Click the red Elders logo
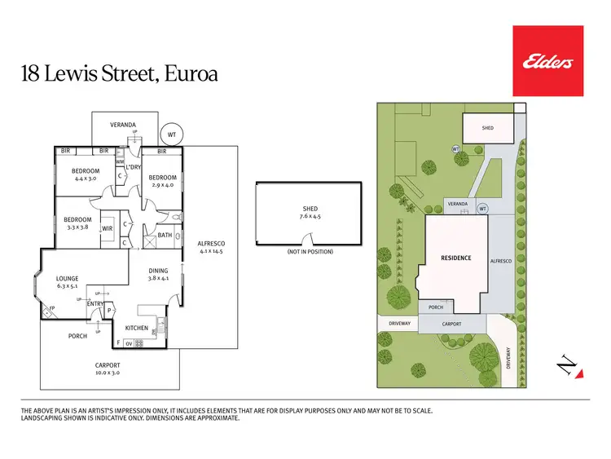(x=547, y=60)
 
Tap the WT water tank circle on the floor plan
(x=171, y=135)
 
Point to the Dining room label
(x=159, y=271)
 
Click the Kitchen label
(x=137, y=328)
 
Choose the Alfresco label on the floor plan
(x=211, y=244)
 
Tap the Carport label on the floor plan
(x=108, y=365)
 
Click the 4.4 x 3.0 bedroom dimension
(x=86, y=178)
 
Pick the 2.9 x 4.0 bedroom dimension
(x=163, y=185)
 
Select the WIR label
(x=107, y=229)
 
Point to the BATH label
(x=165, y=236)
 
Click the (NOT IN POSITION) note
(x=310, y=251)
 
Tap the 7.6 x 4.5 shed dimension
(x=310, y=218)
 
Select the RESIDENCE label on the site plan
(x=456, y=258)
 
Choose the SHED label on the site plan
(x=487, y=128)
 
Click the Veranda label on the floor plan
(x=123, y=124)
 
